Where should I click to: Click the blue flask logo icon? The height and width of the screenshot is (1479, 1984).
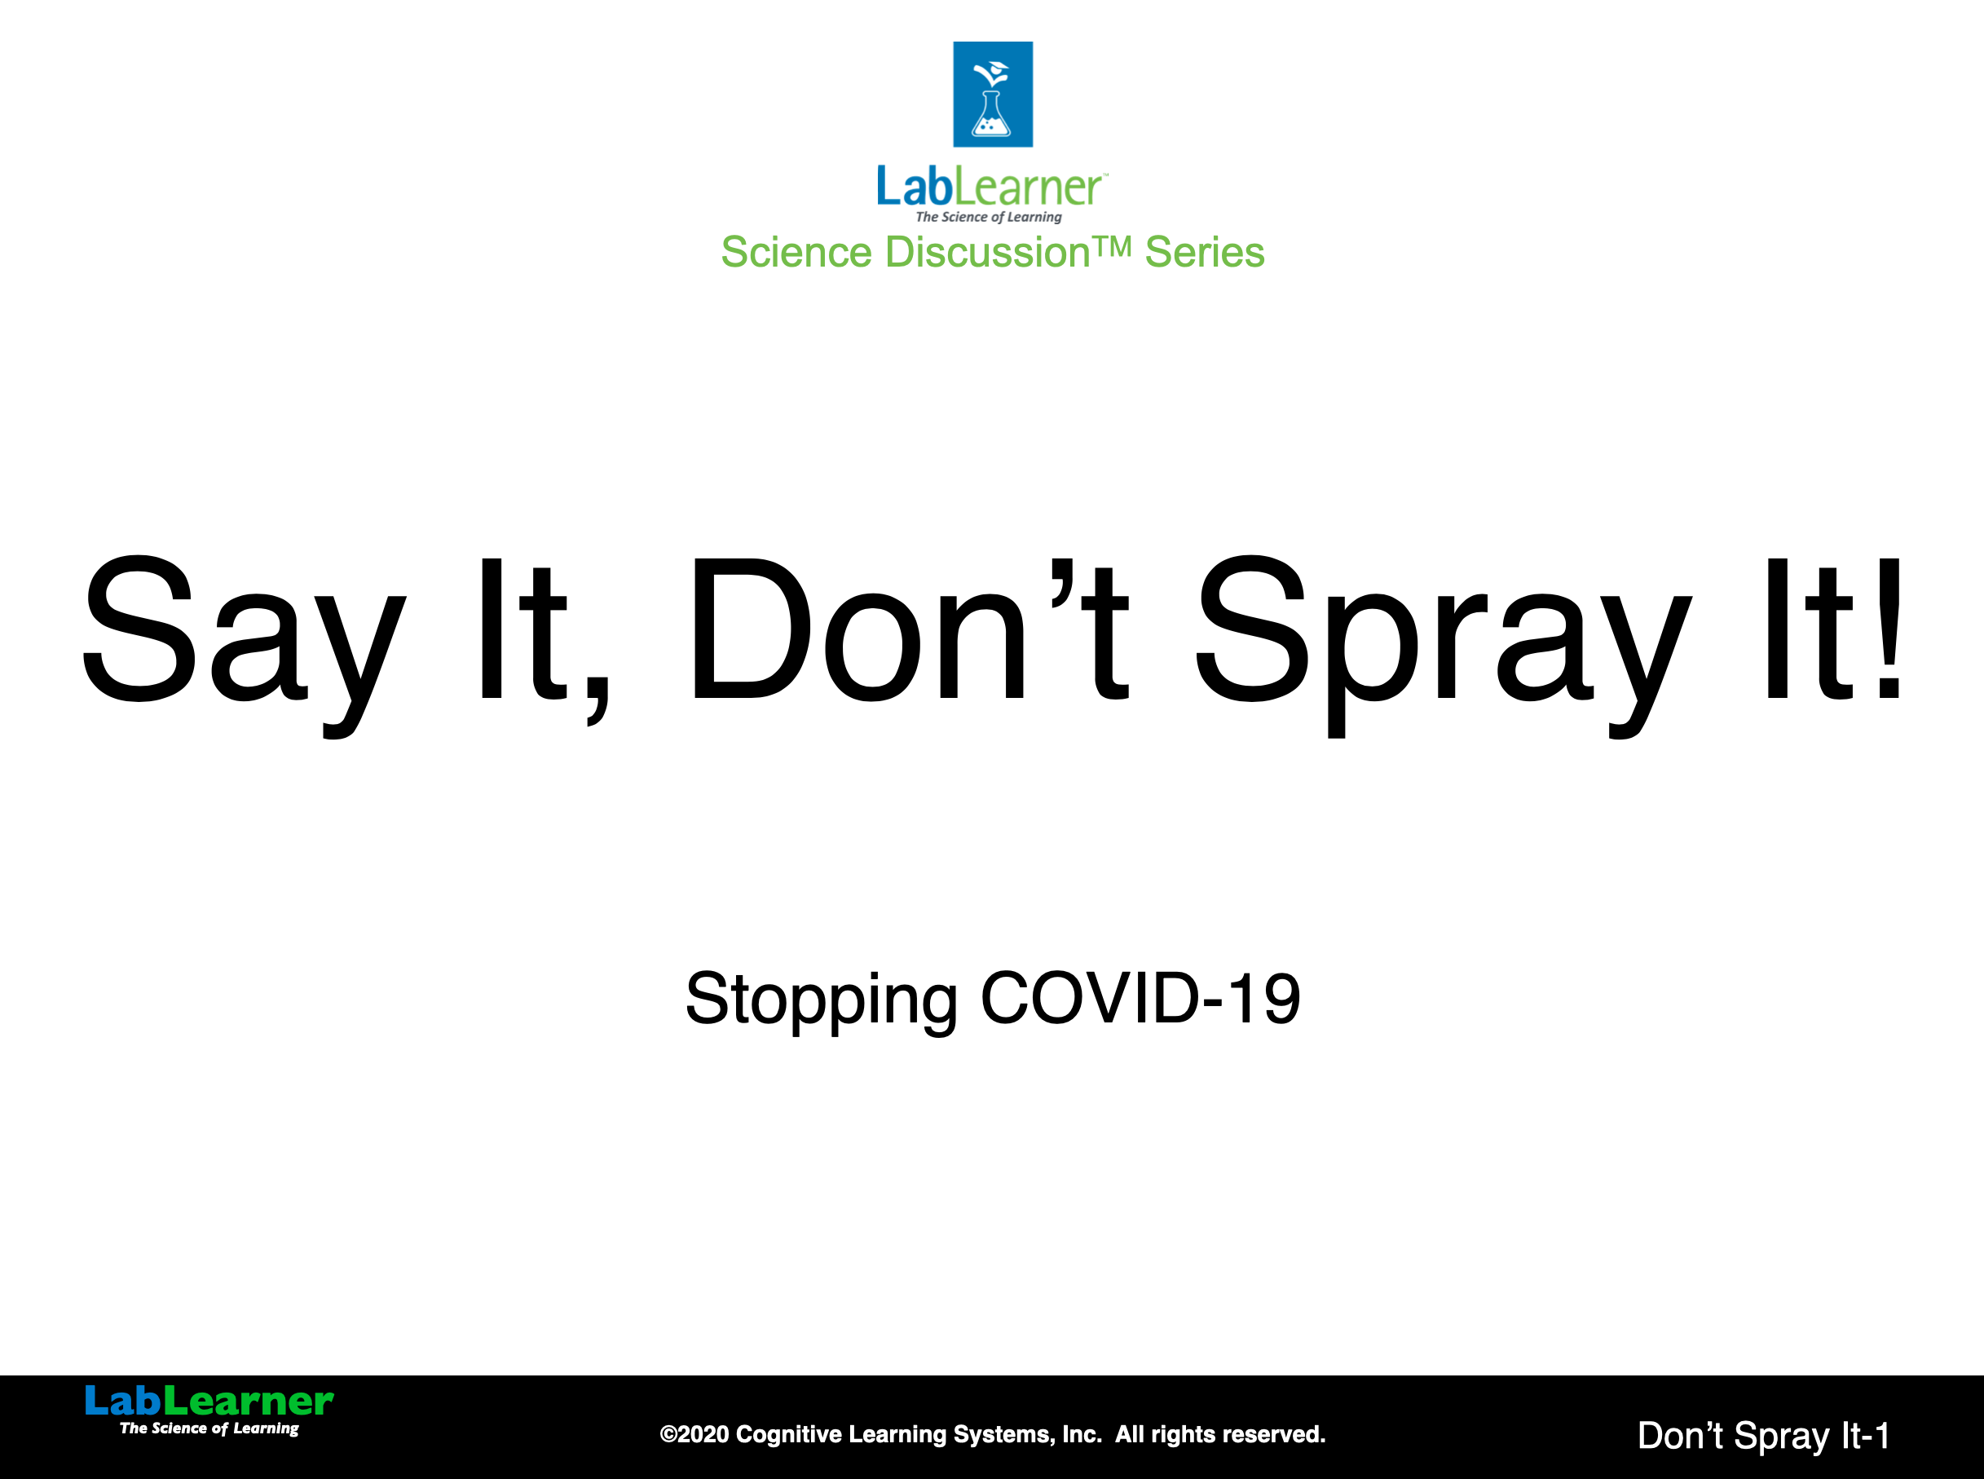993,94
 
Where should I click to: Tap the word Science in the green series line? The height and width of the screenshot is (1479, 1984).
796,252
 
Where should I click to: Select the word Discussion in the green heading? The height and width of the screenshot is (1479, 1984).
987,252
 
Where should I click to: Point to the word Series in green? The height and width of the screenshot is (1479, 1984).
1205,252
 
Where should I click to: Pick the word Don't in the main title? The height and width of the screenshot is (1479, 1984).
909,629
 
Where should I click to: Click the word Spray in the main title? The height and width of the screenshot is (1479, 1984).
1444,646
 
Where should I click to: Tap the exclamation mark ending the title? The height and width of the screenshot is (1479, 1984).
1889,629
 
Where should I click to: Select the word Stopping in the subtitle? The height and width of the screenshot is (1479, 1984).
822,1000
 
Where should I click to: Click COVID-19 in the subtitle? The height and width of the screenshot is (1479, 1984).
1140,997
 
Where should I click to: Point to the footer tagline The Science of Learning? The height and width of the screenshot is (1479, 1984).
209,1428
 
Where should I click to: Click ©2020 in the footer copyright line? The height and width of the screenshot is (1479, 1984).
694,1434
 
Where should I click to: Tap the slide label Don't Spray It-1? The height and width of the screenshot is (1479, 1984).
1764,1435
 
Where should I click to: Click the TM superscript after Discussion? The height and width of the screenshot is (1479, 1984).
1113,245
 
